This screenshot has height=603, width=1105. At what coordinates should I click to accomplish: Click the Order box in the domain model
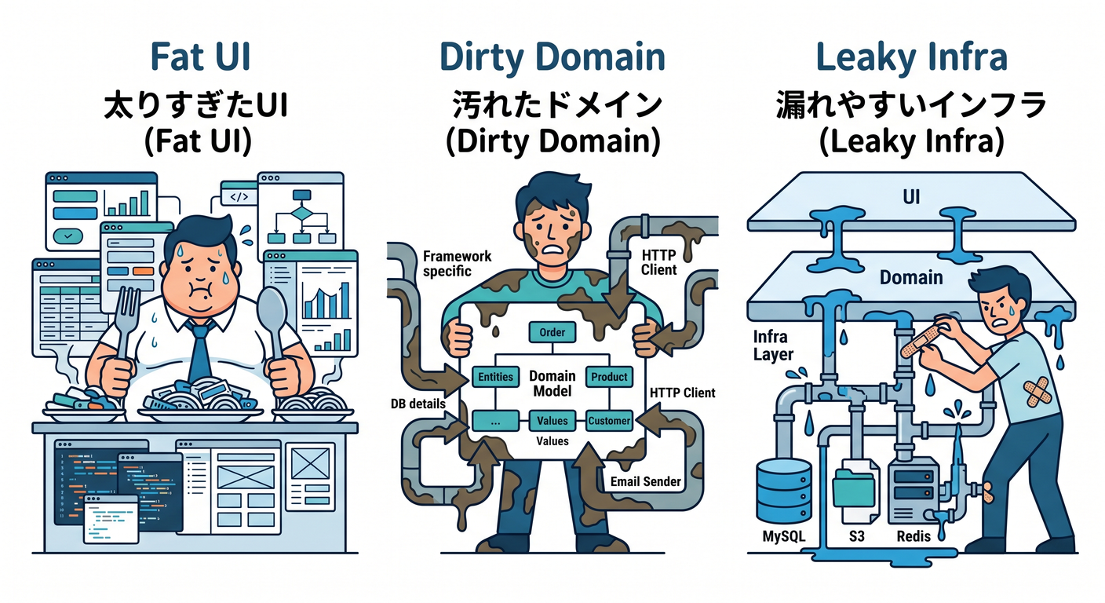552,332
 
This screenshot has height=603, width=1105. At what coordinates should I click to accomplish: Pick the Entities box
495,377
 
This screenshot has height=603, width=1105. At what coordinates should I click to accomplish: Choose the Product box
609,377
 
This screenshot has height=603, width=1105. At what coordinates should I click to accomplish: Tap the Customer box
609,421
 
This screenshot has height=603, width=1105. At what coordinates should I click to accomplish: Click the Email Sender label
645,481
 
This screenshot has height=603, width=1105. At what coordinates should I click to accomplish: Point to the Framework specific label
457,264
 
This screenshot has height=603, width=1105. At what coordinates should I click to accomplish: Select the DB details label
418,404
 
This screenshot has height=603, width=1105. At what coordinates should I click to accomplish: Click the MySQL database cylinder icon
784,490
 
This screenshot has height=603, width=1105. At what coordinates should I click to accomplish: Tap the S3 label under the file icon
856,536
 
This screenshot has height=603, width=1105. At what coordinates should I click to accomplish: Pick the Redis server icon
913,491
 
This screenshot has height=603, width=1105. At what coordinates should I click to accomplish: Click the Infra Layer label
773,345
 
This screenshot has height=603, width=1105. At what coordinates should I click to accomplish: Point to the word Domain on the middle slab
911,278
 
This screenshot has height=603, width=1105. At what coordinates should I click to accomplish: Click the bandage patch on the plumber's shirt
1036,392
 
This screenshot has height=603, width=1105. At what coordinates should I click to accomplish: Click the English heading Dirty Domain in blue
552,57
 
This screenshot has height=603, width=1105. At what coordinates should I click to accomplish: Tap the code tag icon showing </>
239,197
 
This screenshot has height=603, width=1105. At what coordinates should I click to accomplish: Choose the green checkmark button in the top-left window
68,236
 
